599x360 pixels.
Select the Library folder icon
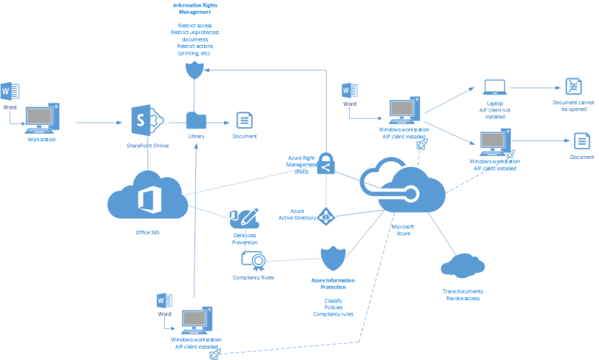pyautogui.click(x=197, y=120)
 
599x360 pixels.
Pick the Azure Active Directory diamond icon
pyautogui.click(x=326, y=215)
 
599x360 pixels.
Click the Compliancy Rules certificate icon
pyautogui.click(x=254, y=260)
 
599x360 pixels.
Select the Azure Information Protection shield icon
pyautogui.click(x=333, y=259)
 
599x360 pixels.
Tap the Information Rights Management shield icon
pyautogui.click(x=193, y=70)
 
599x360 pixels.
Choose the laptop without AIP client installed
pyautogui.click(x=494, y=89)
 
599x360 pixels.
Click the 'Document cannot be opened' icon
pyautogui.click(x=573, y=86)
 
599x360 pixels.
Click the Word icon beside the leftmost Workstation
pyautogui.click(x=10, y=92)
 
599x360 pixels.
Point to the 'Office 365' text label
pyautogui.click(x=148, y=232)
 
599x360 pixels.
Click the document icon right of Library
pyautogui.click(x=244, y=120)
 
